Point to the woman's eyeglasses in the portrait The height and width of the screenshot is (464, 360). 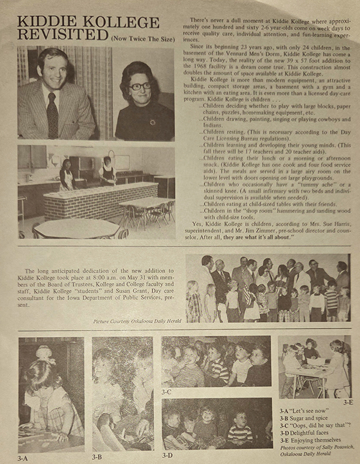(140, 86)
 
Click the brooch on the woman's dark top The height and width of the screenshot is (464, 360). (152, 122)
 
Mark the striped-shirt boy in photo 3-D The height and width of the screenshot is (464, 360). (240, 432)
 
